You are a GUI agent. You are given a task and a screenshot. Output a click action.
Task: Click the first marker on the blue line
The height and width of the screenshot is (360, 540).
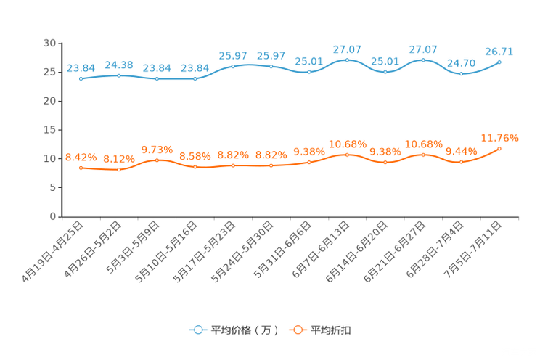point(81,78)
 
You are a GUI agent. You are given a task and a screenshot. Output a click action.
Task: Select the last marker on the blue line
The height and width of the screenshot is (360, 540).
point(499,62)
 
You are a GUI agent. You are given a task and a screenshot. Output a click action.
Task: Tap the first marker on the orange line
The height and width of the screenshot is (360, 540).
point(81,167)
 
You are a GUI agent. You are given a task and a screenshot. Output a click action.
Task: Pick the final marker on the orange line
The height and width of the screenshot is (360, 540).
point(499,148)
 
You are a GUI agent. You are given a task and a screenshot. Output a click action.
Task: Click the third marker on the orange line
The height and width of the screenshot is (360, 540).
point(157,160)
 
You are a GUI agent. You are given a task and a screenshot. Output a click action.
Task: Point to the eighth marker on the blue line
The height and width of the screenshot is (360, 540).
point(347,60)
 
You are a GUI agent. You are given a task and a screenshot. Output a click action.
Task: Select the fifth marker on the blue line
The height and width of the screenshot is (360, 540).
point(233,66)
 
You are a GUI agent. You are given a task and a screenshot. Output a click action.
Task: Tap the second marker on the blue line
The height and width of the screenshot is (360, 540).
point(119,75)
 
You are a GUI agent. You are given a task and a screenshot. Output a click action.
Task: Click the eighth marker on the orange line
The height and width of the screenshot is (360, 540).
point(347,155)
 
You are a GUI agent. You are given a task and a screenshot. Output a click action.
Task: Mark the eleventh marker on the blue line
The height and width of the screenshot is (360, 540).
point(461,73)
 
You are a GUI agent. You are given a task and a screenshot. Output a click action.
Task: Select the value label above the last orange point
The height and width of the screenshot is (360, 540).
point(499,137)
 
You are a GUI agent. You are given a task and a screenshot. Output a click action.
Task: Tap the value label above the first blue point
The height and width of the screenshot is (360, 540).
point(81,67)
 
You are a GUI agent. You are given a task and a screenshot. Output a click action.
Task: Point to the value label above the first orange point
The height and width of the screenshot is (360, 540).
point(81,156)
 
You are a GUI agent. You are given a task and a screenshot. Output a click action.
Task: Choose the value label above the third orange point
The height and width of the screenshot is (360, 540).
point(157,149)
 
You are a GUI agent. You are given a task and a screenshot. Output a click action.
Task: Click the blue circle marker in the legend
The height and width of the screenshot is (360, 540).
point(197,330)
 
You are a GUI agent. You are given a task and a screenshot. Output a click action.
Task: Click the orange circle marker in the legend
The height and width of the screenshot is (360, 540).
point(297,330)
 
